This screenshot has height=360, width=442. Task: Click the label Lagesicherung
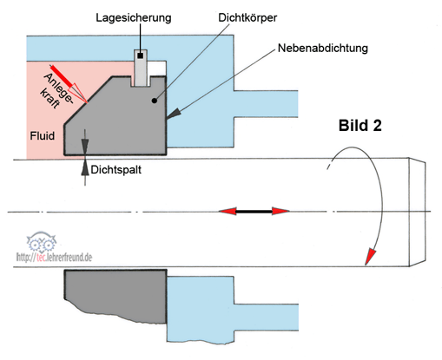coord(134,18)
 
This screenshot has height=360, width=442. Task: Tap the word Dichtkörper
coord(247,17)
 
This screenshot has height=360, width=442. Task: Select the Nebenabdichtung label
coord(323,48)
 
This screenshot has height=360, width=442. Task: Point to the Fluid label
coord(43,135)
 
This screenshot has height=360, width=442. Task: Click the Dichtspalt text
coord(116,170)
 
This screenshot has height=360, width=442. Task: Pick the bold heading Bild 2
coord(360,126)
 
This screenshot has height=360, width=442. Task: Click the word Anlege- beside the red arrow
coord(59,88)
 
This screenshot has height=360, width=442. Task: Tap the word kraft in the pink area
coord(49,99)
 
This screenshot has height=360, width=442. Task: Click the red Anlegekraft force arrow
coord(69,83)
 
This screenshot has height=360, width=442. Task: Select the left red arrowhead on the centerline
coord(228,211)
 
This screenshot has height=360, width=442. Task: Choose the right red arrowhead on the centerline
coord(280,211)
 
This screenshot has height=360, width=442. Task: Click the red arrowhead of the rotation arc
coord(370,256)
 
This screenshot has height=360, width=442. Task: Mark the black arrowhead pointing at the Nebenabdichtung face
coord(174,114)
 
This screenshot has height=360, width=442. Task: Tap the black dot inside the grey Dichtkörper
coord(155,101)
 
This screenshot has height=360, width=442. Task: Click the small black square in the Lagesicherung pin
coord(141,56)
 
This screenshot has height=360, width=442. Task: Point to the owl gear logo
coord(42,241)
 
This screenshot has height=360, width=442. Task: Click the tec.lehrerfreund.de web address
coord(54,257)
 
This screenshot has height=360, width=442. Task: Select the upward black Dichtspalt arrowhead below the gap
coord(85,168)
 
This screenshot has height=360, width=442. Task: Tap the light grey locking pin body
coord(141,68)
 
